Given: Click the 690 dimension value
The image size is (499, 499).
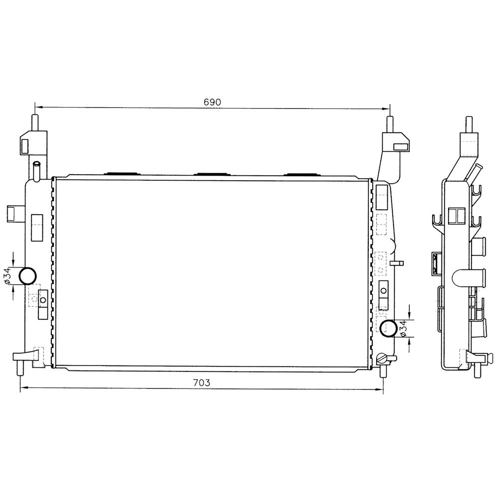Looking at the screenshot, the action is pyautogui.click(x=212, y=102).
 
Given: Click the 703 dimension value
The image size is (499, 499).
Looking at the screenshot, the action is pyautogui.click(x=202, y=382).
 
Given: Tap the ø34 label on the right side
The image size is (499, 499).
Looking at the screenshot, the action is pyautogui.click(x=402, y=329).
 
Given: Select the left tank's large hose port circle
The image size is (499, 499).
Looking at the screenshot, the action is pyautogui.click(x=27, y=275).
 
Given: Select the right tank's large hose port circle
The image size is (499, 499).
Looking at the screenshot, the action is pyautogui.click(x=389, y=328).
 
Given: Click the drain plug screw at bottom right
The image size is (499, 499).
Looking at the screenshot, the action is pyautogui.click(x=381, y=359).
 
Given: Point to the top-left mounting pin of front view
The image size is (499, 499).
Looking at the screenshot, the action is pyautogui.click(x=35, y=123).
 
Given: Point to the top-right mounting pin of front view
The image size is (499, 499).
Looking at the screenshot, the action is pyautogui.click(x=390, y=124).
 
